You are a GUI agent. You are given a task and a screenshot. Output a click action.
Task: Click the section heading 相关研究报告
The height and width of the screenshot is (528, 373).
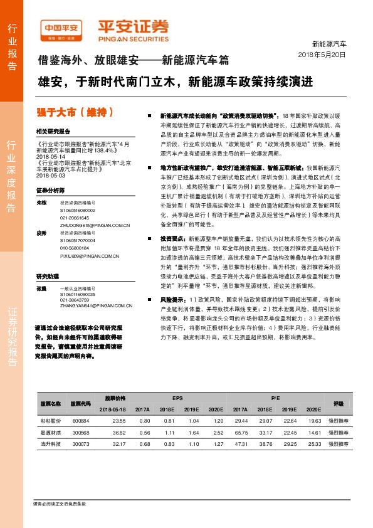tap(53, 132)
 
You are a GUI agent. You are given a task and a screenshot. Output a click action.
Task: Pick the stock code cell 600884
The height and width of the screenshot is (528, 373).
tap(81, 421)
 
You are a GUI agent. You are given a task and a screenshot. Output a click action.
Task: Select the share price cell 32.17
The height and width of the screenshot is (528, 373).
tap(119, 444)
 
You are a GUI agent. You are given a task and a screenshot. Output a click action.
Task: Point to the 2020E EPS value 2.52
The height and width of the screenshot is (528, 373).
tap(218, 433)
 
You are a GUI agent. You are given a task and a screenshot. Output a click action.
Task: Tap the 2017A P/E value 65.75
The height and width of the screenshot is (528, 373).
tap(241, 433)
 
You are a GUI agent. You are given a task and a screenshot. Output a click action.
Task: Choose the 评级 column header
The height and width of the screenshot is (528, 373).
tap(339, 403)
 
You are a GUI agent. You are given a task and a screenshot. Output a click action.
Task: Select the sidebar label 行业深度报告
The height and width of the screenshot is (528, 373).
tap(12, 181)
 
